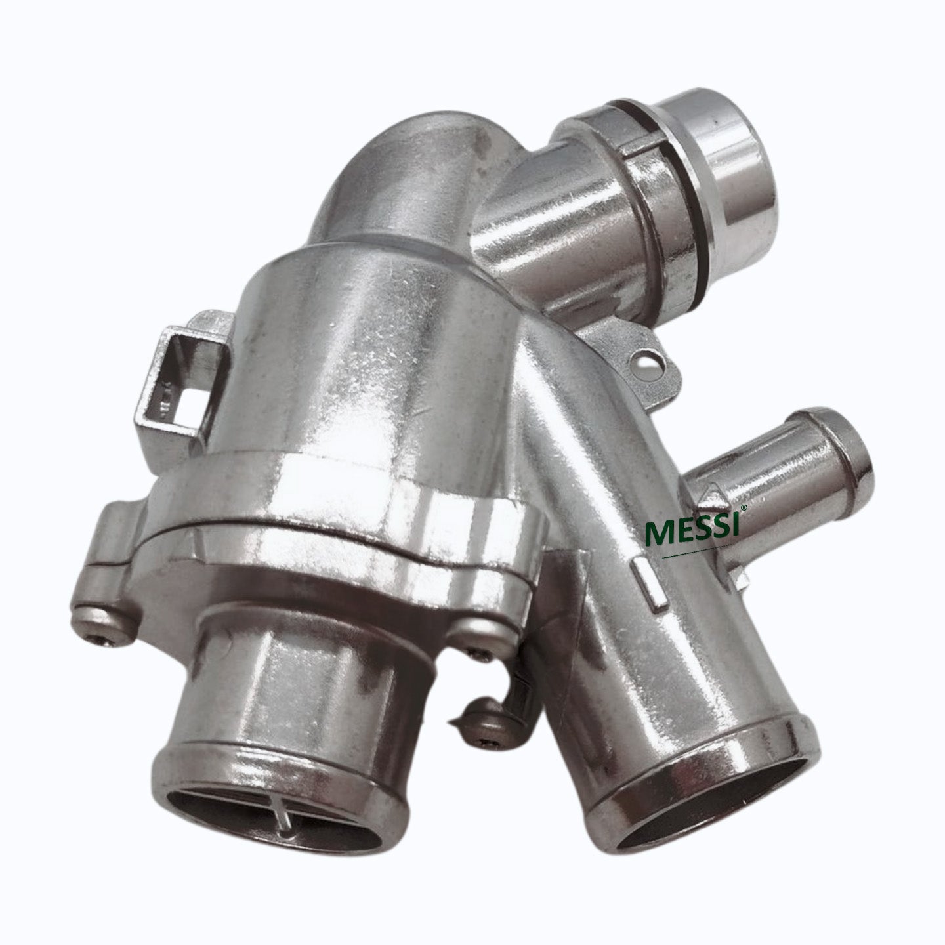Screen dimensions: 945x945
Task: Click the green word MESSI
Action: click(692, 532)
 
